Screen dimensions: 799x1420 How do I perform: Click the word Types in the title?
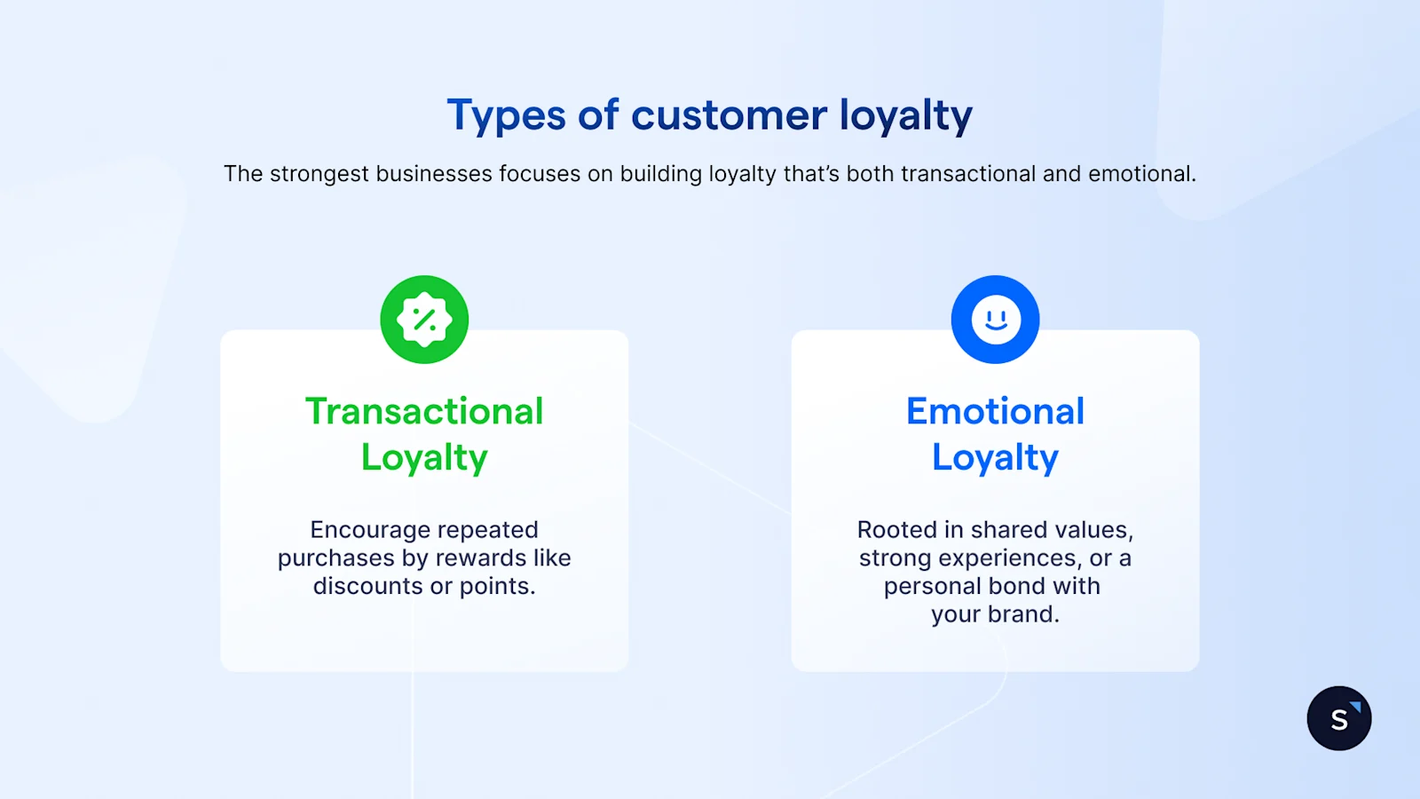506,116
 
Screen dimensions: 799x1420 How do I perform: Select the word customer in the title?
729,115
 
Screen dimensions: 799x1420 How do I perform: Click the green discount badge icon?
424,320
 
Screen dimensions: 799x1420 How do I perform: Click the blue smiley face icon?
995,320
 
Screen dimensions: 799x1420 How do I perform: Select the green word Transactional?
424,411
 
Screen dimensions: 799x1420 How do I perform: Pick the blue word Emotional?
995,411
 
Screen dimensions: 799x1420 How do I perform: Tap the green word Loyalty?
424,457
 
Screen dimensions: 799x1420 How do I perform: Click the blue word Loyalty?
995,457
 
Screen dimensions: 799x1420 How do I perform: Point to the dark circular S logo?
1338,718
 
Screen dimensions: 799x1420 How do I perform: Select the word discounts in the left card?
367,586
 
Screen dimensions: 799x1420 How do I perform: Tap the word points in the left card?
496,586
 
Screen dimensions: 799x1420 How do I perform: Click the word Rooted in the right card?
896,530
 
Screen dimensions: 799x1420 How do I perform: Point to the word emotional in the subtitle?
1141,174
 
